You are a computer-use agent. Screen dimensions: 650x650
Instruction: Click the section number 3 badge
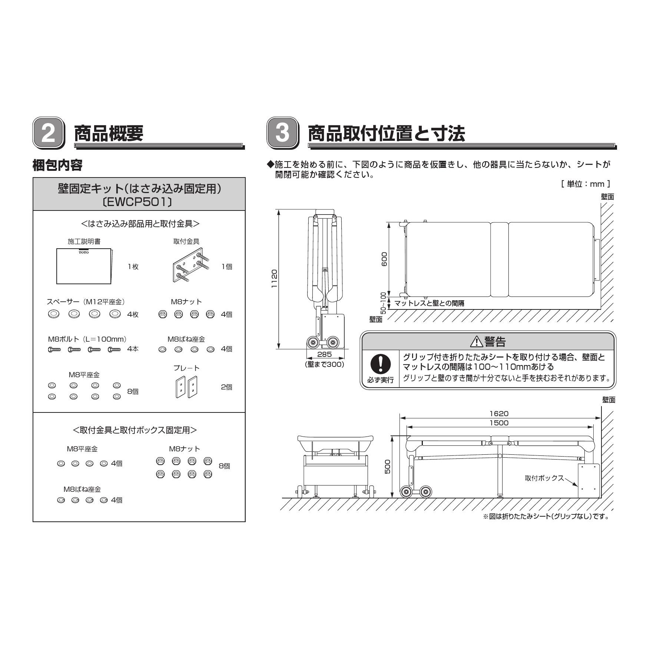pyautogui.click(x=283, y=133)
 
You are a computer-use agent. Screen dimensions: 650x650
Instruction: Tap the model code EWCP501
pyautogui.click(x=139, y=202)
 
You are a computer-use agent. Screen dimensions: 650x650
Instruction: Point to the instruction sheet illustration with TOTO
pyautogui.click(x=84, y=266)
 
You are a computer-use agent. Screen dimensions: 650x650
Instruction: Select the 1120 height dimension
pyautogui.click(x=274, y=279)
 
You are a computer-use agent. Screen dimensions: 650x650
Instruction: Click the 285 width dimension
pyautogui.click(x=324, y=354)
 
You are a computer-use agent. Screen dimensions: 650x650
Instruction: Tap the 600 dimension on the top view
pyautogui.click(x=384, y=259)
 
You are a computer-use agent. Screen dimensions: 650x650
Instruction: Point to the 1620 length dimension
pyautogui.click(x=499, y=414)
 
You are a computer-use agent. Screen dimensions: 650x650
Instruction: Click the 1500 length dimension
pyautogui.click(x=499, y=423)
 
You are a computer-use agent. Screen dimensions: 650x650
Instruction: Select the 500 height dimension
pyautogui.click(x=388, y=467)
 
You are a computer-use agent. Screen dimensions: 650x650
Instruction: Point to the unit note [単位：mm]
pyautogui.click(x=586, y=184)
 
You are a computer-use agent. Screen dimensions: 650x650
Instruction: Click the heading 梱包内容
pyautogui.click(x=57, y=165)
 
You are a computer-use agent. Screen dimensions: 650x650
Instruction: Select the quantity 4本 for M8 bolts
pyautogui.click(x=133, y=349)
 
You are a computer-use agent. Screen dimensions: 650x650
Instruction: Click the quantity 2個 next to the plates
pyautogui.click(x=226, y=387)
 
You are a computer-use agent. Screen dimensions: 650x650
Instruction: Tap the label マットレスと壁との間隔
pyautogui.click(x=429, y=303)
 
